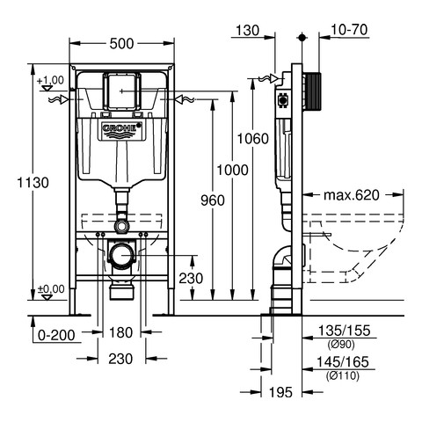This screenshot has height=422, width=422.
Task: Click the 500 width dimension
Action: (121, 44)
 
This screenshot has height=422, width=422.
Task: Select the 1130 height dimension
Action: (33, 183)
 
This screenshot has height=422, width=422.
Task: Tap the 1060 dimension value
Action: (252, 139)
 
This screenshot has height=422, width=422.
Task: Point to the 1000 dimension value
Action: (232, 170)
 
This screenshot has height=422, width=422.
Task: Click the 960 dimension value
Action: (213, 200)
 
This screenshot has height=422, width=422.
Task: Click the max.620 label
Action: (352, 195)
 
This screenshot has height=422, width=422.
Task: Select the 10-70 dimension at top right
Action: (349, 30)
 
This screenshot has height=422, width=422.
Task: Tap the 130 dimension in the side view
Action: (248, 31)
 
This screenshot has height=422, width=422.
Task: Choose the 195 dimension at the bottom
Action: (280, 392)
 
